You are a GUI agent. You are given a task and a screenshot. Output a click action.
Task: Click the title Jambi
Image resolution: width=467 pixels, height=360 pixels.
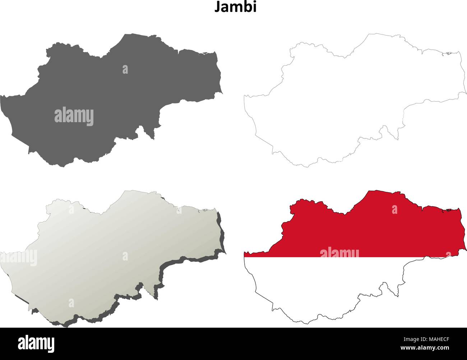[235, 8]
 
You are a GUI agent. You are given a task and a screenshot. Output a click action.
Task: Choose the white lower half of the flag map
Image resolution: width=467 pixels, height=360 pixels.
[323, 284]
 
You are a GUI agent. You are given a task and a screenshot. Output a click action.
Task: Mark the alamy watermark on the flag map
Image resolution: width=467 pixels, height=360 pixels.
[339, 253]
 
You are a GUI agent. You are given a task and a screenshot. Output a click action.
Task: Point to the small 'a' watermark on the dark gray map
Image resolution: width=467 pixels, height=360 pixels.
[125, 69]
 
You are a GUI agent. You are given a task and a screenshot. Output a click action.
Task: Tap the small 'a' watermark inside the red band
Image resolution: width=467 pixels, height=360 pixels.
[394, 209]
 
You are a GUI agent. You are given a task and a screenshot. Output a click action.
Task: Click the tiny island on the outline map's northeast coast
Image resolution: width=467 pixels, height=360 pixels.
[448, 54]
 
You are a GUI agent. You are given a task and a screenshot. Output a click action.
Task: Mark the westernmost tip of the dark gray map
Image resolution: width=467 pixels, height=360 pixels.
[2, 96]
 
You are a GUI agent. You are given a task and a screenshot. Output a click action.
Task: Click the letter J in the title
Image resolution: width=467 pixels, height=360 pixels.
[217, 8]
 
